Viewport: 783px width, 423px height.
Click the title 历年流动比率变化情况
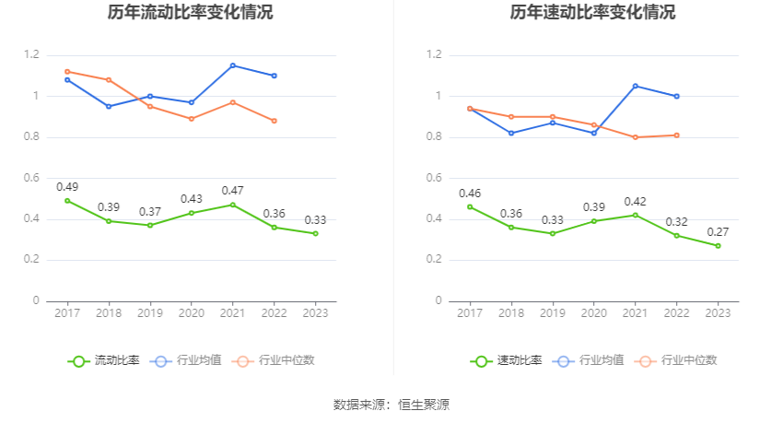tap(190, 13)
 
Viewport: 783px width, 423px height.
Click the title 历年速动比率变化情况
tap(592, 13)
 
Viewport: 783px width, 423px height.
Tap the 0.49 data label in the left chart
tap(67, 186)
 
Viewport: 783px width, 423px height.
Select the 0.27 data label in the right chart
tap(718, 231)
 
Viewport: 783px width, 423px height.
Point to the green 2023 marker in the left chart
tap(315, 233)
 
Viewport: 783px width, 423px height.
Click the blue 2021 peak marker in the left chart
tap(232, 65)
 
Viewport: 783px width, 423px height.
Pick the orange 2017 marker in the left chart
tap(67, 71)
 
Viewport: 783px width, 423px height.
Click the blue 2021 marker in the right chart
tap(635, 86)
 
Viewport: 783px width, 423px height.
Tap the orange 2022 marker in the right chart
tap(676, 135)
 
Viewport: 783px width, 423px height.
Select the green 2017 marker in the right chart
tap(470, 206)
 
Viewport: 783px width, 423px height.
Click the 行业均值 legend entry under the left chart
tap(188, 360)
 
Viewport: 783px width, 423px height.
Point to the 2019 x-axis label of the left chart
tap(150, 313)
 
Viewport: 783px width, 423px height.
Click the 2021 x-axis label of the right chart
tap(635, 313)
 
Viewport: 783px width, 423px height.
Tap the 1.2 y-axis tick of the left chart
tap(32, 55)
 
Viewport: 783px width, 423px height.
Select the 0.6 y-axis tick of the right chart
tap(435, 178)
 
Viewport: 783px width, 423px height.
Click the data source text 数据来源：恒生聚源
tap(391, 404)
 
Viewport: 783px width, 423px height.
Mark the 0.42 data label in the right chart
tap(635, 201)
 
